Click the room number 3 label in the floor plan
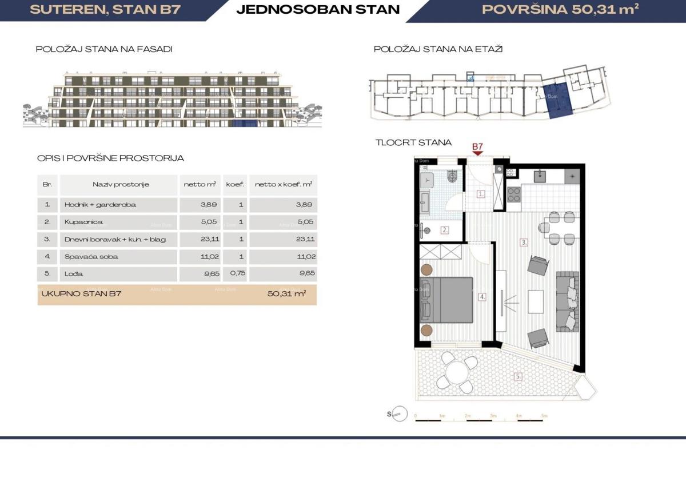coord(523,242)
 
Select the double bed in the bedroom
coord(446,300)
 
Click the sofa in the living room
coord(567,300)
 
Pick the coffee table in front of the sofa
coord(536,301)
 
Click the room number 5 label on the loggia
coord(518,376)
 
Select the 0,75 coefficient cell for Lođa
coord(234,274)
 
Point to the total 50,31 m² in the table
coord(286,294)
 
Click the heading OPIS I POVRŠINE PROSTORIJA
coord(110,158)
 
